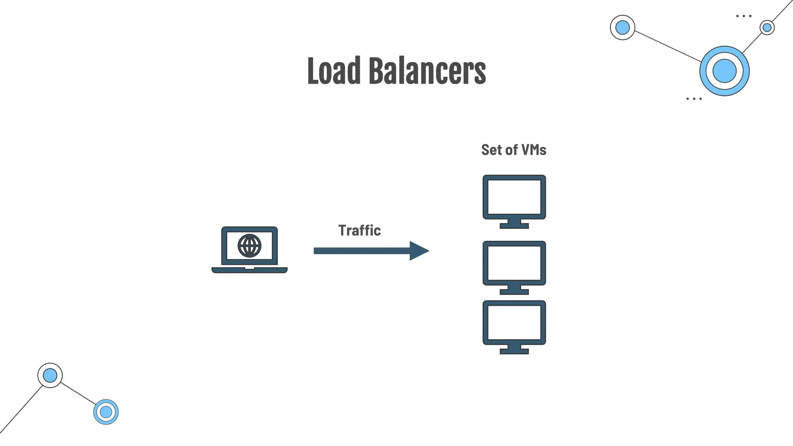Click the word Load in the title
coord(334,71)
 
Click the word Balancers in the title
coord(427,71)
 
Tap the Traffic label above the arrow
coord(359,230)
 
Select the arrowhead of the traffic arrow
coord(419,251)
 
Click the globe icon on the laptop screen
coord(249,245)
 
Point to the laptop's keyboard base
coord(249,270)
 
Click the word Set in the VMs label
coord(491,150)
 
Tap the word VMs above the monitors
coord(534,150)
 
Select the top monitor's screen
coord(514,197)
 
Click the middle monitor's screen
coord(514,263)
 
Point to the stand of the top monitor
coord(514,224)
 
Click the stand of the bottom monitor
coord(514,349)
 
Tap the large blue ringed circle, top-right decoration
coord(724,71)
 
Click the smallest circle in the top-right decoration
coord(767,27)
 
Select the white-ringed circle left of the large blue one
coord(622,27)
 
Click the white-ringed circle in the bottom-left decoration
coord(50,375)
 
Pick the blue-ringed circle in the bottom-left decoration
coord(106,412)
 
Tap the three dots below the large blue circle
coord(693,99)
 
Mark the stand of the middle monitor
coord(514,290)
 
